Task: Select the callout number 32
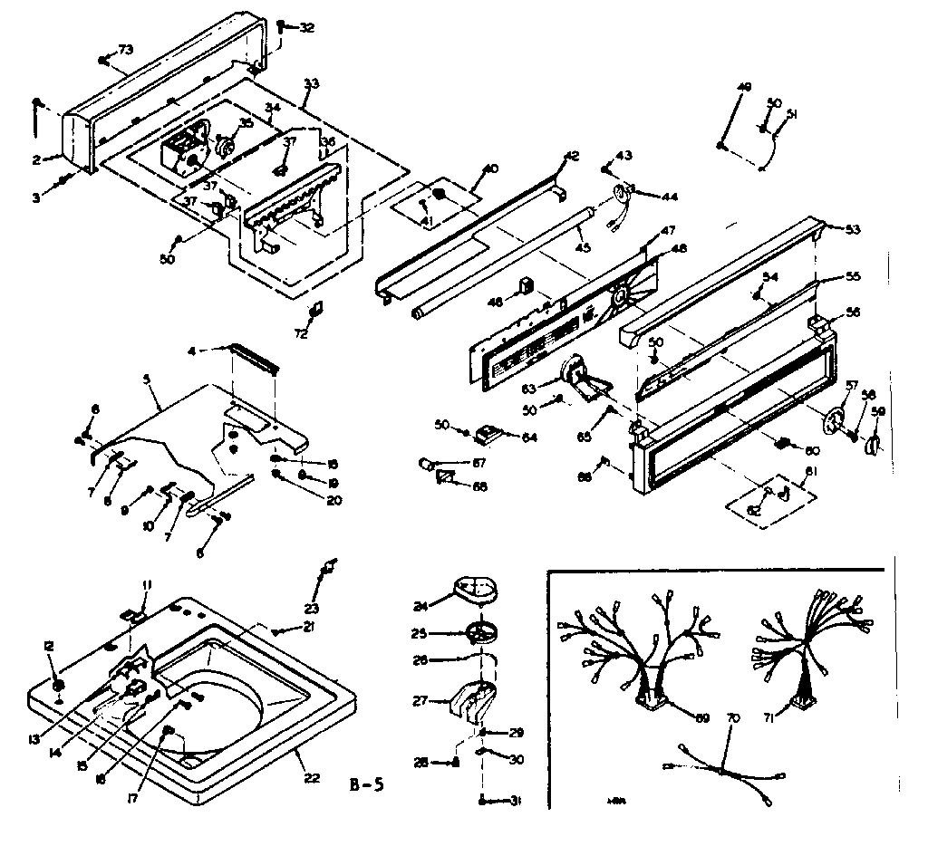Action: (x=307, y=27)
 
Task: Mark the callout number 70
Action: (x=734, y=718)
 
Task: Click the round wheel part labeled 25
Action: (x=482, y=632)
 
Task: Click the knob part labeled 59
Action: (x=874, y=444)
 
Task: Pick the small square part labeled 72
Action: (x=314, y=310)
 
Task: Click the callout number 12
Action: (x=48, y=647)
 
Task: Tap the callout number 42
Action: (x=571, y=156)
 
